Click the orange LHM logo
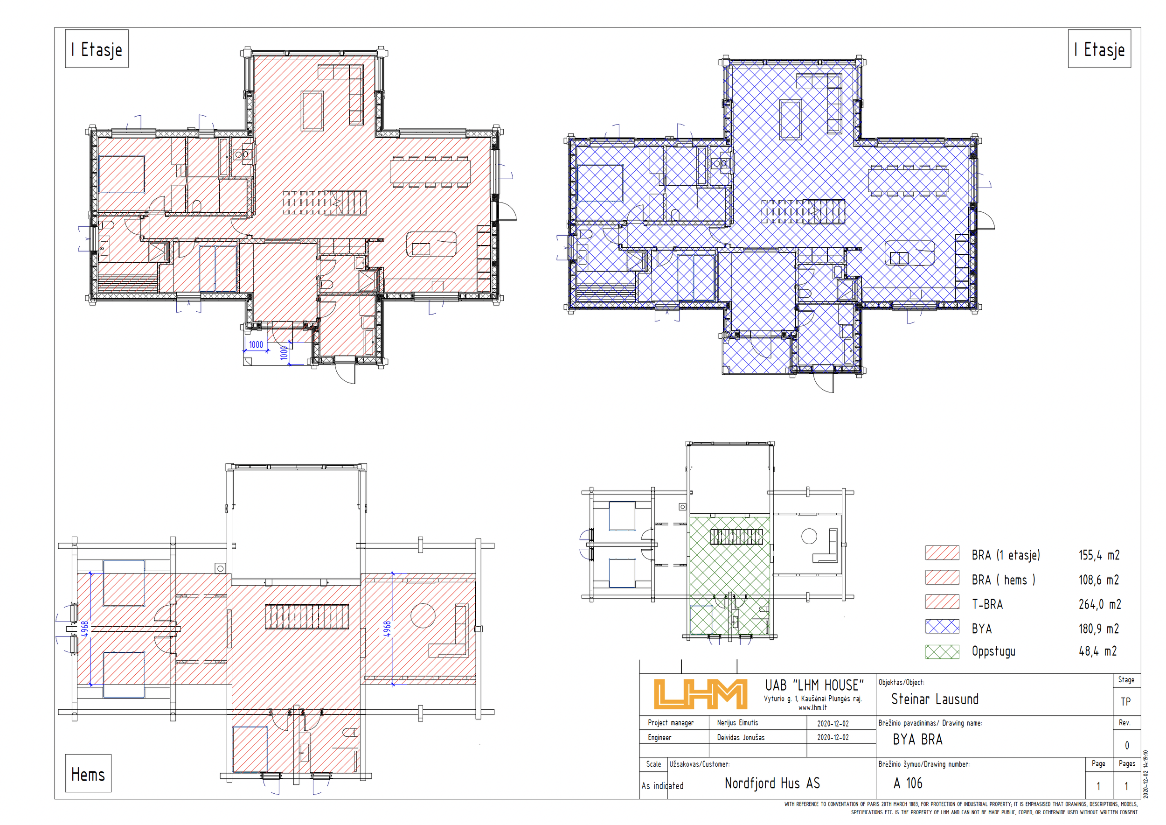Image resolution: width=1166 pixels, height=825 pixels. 701,694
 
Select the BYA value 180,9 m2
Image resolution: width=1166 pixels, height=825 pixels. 1099,629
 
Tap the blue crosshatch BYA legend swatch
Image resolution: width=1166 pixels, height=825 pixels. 942,626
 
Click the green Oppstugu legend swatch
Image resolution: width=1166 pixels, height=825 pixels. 942,652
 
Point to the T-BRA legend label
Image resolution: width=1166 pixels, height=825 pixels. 987,605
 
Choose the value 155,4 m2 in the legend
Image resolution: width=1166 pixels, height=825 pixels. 1099,555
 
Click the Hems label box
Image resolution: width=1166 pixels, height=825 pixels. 88,773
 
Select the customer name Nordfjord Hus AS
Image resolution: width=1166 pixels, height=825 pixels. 772,783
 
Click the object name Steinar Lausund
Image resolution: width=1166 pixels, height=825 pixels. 934,699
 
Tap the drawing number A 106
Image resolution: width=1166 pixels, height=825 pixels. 908,783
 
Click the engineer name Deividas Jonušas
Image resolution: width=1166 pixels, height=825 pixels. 741,738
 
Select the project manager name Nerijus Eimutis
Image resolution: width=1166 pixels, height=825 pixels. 737,723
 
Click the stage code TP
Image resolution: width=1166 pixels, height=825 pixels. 1126,701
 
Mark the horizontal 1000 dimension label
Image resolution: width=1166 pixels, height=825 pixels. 256,344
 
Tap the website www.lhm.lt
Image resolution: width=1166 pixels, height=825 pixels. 812,707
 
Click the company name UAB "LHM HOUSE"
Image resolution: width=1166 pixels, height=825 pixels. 814,685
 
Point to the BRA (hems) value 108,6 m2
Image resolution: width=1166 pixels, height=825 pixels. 1099,580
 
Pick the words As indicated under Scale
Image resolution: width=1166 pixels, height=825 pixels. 662,786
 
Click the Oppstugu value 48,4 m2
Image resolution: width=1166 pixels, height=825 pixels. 1097,651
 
